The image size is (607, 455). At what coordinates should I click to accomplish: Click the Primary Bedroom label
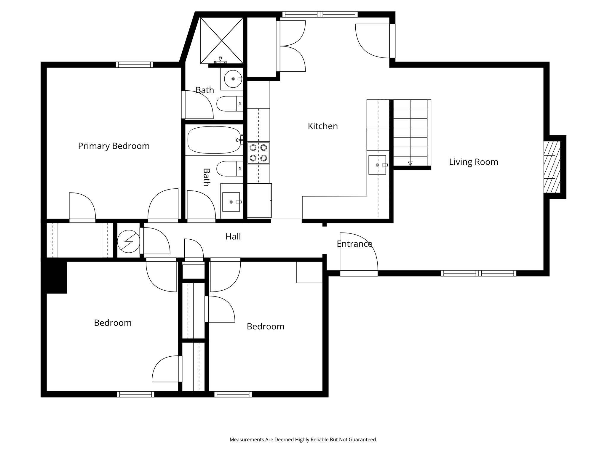(x=114, y=146)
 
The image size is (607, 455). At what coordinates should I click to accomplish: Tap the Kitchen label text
(x=322, y=126)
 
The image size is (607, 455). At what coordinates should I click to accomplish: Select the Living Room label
(x=473, y=162)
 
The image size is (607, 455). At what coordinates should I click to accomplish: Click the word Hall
(x=233, y=237)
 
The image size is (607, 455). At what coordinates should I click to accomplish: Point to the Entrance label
(x=354, y=244)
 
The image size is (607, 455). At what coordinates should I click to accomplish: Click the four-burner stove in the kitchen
(x=258, y=153)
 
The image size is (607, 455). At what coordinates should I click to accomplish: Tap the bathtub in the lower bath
(x=214, y=140)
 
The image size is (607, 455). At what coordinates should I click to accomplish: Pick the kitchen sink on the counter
(x=377, y=165)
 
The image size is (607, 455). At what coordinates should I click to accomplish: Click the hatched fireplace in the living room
(x=552, y=167)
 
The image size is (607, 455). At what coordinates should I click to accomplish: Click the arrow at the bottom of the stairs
(x=410, y=163)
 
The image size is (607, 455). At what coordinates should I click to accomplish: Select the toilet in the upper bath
(x=229, y=104)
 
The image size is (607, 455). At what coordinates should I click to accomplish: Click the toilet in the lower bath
(x=229, y=169)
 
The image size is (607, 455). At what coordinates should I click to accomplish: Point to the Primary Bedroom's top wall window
(x=134, y=65)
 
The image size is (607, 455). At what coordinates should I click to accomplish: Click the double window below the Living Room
(x=478, y=273)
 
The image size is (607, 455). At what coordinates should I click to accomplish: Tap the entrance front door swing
(x=359, y=252)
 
